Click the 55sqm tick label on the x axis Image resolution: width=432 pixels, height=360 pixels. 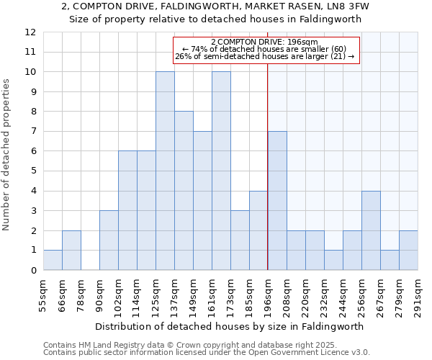click(43, 295)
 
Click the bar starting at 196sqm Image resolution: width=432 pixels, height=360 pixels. click(277, 201)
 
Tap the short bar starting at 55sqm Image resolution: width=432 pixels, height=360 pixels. click(53, 260)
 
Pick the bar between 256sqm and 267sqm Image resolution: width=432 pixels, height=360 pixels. click(371, 230)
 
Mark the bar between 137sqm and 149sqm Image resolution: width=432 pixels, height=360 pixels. click(184, 191)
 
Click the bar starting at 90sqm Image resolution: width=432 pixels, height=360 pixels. click(109, 240)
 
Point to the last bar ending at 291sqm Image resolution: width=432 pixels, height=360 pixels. click(408, 251)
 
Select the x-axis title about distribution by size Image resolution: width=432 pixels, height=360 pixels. click(229, 326)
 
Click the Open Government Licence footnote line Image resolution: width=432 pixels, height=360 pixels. click(207, 352)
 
